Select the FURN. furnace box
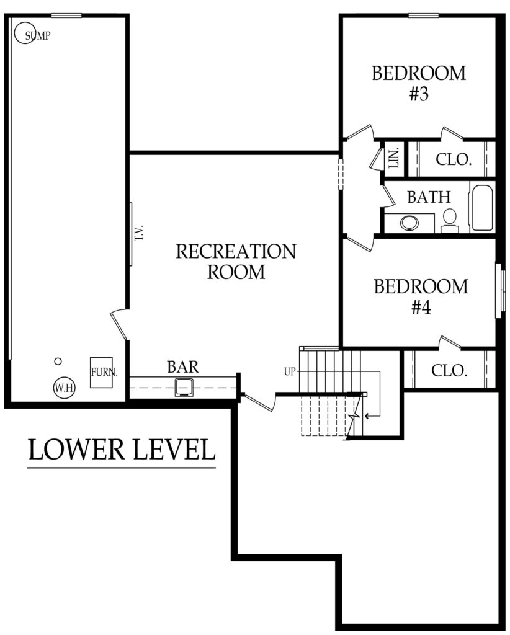point(100,373)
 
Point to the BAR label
point(182,366)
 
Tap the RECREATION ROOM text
point(236,261)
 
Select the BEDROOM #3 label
point(418,84)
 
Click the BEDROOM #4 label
point(421,296)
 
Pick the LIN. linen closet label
point(395,159)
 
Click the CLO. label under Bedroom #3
point(454,159)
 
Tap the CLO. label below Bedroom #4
point(449,371)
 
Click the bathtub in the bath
point(482,208)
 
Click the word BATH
point(428,197)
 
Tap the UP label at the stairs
point(289,372)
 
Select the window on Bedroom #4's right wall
point(499,291)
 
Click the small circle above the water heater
point(58,361)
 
